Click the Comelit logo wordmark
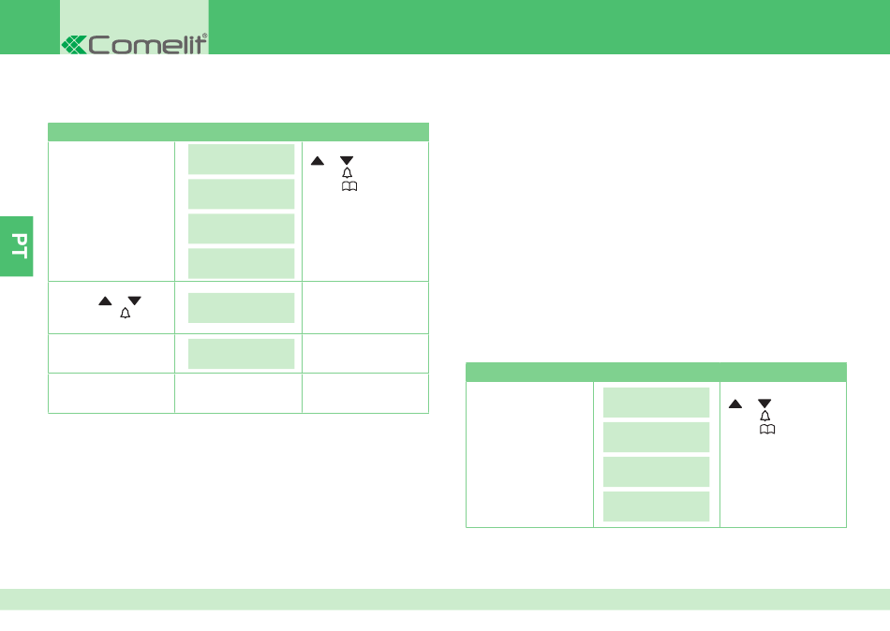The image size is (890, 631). [148, 44]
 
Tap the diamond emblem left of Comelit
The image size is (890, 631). [74, 45]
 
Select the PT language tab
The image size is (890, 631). [17, 246]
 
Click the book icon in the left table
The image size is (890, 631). [349, 186]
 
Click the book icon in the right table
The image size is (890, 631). [767, 429]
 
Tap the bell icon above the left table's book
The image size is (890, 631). [347, 172]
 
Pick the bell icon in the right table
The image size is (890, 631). [764, 416]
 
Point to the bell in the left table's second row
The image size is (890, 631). [125, 313]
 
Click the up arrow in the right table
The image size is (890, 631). [735, 404]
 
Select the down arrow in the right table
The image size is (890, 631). [764, 404]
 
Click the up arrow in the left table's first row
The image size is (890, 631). [318, 161]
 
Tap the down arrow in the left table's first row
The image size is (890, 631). [347, 161]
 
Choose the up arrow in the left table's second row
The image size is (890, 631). [105, 301]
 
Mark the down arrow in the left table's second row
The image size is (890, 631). [135, 301]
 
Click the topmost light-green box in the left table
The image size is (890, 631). [241, 159]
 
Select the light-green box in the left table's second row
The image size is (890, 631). [241, 308]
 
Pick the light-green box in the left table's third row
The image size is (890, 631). [241, 354]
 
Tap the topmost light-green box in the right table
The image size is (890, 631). [656, 403]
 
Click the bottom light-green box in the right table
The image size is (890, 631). [656, 506]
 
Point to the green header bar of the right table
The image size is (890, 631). [656, 372]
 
